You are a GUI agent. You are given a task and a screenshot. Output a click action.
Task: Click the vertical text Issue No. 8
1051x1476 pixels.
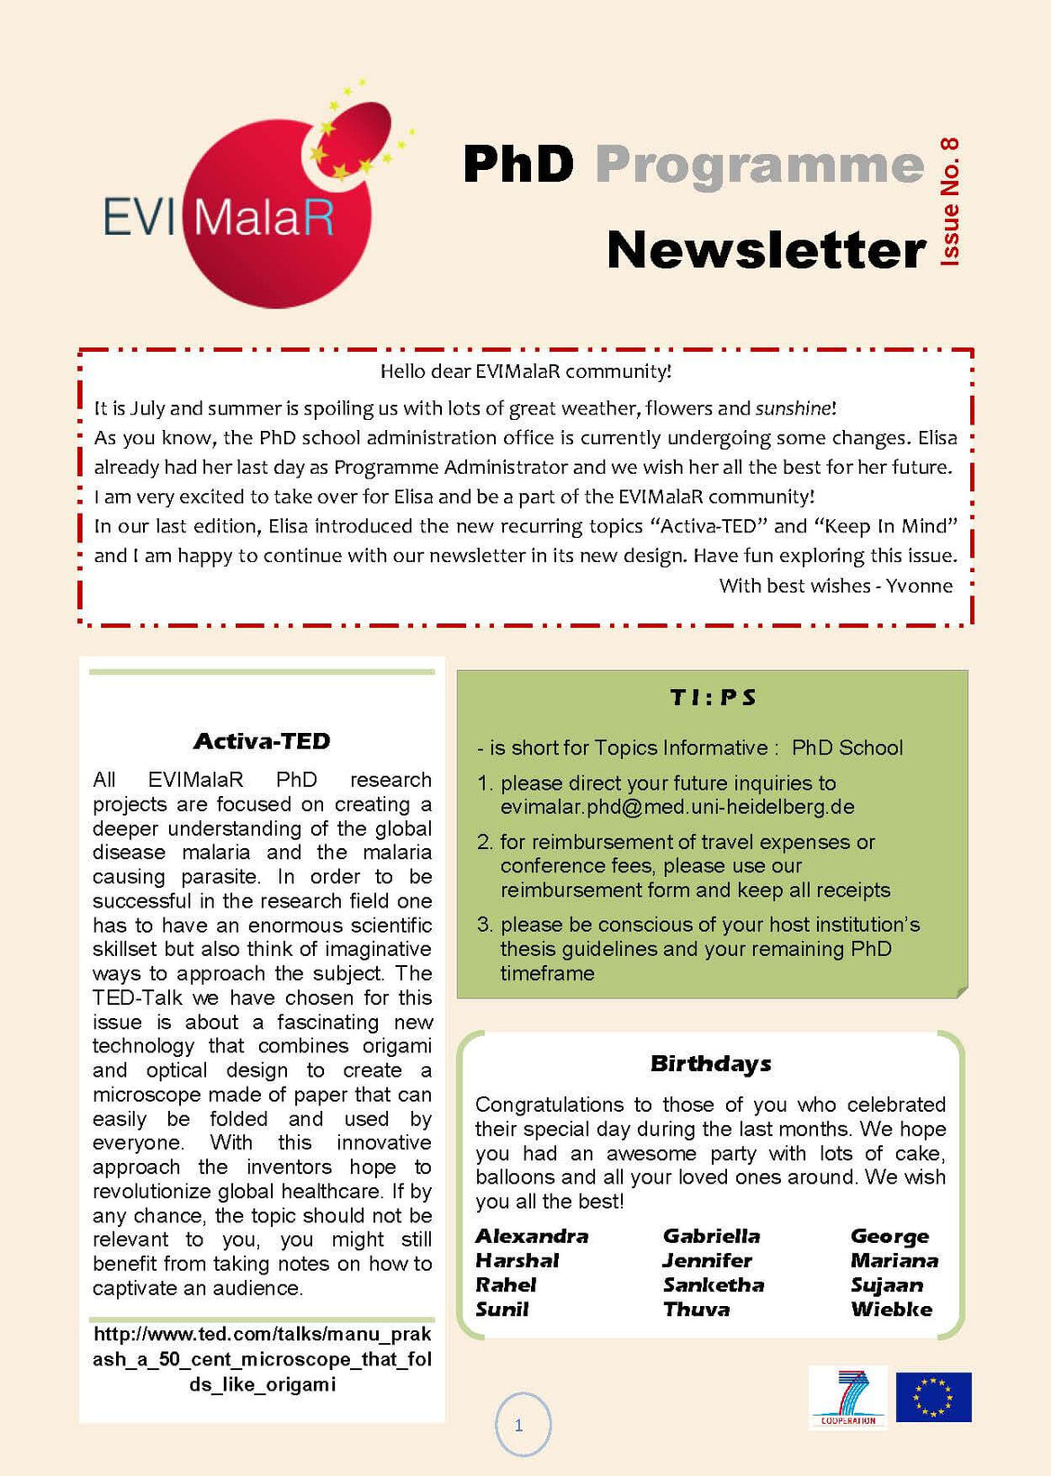(949, 201)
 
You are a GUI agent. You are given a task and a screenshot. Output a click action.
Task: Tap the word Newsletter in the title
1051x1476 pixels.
(766, 250)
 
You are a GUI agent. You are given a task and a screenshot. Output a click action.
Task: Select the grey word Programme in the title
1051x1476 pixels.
(759, 165)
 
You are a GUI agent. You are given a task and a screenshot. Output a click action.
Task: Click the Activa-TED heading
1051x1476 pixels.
(262, 741)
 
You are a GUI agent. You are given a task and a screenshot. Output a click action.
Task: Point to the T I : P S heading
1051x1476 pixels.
(713, 697)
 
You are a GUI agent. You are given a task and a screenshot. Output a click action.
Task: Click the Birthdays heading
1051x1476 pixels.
(711, 1063)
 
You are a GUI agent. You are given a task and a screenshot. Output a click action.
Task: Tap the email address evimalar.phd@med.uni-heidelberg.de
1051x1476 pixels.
(677, 807)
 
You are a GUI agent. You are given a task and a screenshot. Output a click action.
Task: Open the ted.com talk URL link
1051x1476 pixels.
(262, 1358)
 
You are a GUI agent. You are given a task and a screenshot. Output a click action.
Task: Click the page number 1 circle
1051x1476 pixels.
(519, 1425)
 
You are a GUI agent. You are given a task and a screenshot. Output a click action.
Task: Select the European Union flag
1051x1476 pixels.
(933, 1397)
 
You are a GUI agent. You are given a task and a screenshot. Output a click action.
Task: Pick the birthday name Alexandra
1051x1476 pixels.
(532, 1236)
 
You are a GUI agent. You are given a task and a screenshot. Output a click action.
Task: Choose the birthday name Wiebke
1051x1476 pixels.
(892, 1310)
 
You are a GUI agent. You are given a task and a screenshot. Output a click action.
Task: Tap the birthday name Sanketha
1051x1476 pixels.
(714, 1285)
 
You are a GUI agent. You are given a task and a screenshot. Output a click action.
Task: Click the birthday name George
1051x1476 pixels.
(890, 1236)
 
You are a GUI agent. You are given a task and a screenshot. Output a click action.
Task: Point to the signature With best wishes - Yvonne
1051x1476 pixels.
(835, 586)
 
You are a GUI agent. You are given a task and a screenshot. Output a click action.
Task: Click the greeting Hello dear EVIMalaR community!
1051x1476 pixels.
(525, 371)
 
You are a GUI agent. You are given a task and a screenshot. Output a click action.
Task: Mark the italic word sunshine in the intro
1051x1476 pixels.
(793, 408)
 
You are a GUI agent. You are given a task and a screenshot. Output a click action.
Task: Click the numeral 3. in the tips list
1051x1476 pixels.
(485, 925)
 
